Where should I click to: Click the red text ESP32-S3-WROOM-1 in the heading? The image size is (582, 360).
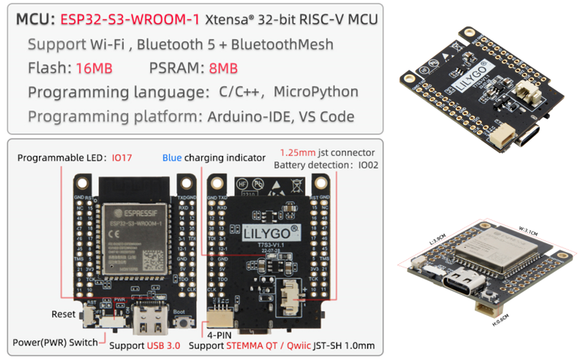pos(130,19)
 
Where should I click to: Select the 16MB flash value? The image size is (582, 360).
pos(94,68)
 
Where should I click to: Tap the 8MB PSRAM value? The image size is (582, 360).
pos(223,68)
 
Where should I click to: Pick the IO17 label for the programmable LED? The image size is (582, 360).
pos(122,158)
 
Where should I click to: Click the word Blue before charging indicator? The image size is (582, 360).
pos(172,158)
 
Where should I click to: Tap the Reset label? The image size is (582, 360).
pos(64,314)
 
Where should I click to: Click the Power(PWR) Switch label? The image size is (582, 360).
pos(55,343)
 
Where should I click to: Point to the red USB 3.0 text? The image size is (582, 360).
pos(163,346)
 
